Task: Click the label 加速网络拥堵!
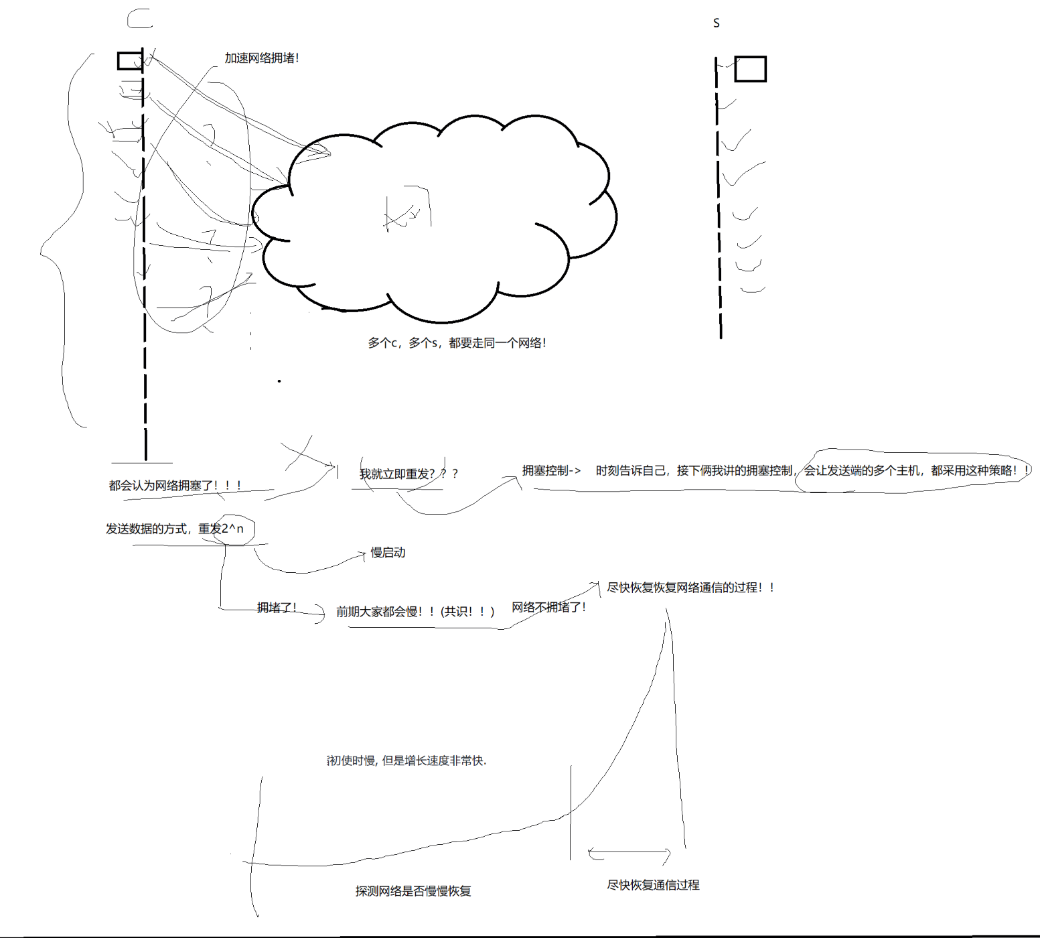tap(261, 58)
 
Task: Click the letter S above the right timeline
tap(716, 23)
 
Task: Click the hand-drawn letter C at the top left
tap(139, 19)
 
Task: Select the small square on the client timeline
tap(129, 61)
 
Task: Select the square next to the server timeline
tap(750, 69)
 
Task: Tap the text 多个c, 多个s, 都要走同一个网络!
tap(457, 343)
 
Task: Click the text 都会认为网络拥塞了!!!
tap(175, 486)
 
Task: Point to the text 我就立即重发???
tap(408, 474)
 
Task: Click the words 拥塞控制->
tap(551, 471)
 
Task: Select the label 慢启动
tap(388, 553)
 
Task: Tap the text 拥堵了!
tap(277, 608)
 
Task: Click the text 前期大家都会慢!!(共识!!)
tap(415, 612)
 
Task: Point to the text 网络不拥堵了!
tap(548, 607)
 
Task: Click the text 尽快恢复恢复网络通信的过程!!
tap(690, 588)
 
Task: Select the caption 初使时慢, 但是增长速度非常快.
tap(406, 760)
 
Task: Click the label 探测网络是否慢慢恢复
tap(413, 891)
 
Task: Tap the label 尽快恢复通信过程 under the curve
tap(653, 885)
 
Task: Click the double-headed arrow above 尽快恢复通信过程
tap(629, 853)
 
